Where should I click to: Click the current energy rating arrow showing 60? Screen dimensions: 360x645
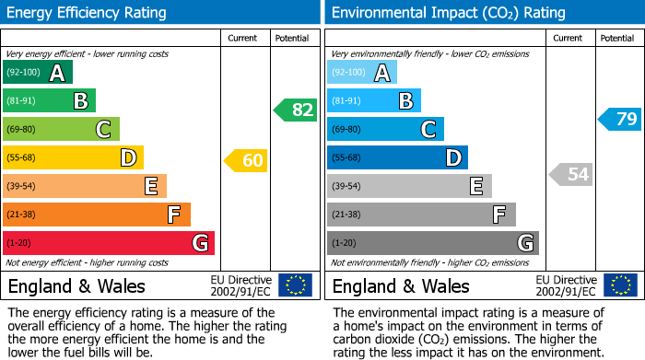(x=246, y=161)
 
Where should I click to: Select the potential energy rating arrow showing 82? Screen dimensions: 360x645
(x=296, y=110)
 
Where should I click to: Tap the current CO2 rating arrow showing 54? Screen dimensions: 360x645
(x=570, y=174)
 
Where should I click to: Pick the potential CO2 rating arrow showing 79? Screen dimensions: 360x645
(x=620, y=119)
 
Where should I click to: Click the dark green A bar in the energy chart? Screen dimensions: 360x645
(x=38, y=73)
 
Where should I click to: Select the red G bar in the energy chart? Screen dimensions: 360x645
(x=109, y=243)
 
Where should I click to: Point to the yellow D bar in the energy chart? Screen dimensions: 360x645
(x=73, y=157)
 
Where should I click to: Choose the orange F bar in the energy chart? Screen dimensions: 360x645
(x=97, y=215)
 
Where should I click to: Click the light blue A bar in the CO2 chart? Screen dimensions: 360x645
(x=362, y=73)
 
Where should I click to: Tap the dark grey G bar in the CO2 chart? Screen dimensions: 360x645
(x=432, y=243)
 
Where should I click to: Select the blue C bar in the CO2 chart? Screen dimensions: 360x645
(x=385, y=129)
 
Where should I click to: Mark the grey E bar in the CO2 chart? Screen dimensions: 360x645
(x=409, y=186)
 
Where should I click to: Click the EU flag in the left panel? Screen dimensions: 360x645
(x=295, y=285)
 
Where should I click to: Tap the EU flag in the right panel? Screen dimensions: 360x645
(x=620, y=285)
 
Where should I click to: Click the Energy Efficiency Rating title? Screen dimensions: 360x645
(x=88, y=13)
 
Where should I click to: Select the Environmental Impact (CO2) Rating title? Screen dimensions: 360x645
(x=448, y=13)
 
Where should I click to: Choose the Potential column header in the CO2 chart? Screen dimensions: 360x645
(x=617, y=38)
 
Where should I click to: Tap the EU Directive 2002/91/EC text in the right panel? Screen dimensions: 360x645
(x=566, y=285)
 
